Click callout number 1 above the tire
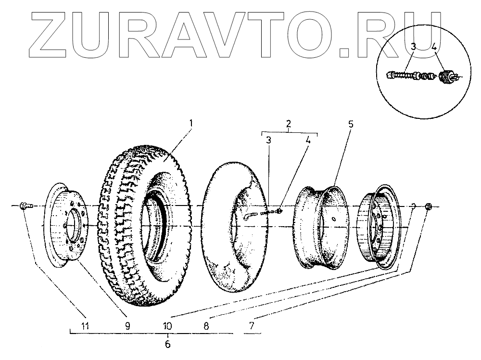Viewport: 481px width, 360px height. click(x=191, y=123)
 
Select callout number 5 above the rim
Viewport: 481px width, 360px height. click(x=351, y=124)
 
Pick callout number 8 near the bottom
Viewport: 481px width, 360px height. click(x=206, y=325)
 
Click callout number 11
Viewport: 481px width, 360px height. click(x=85, y=325)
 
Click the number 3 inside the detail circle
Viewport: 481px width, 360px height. click(x=413, y=47)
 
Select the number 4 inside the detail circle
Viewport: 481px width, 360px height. click(x=434, y=47)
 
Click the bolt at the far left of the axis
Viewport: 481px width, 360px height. click(x=25, y=206)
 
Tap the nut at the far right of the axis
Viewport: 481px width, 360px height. click(x=429, y=207)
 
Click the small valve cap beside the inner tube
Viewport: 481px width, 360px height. click(x=280, y=210)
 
